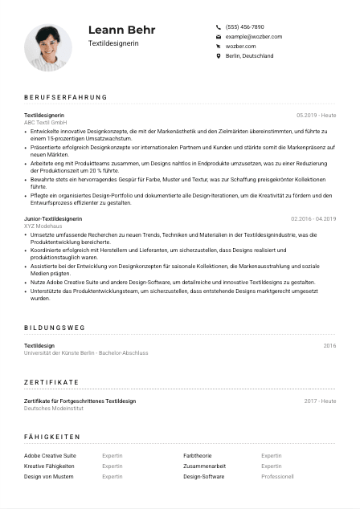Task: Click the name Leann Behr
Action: (x=122, y=30)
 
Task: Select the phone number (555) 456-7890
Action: (x=244, y=26)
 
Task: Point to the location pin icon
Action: (x=219, y=56)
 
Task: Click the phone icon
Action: (x=219, y=26)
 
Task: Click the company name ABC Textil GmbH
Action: (x=45, y=121)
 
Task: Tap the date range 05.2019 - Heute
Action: (x=316, y=115)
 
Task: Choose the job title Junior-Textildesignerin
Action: (x=52, y=218)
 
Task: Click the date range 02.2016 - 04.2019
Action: (x=313, y=218)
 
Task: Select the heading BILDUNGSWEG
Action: (x=54, y=328)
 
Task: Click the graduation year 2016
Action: (x=329, y=345)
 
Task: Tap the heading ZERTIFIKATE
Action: (x=51, y=382)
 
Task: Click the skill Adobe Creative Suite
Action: (x=50, y=455)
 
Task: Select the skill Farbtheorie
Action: (x=197, y=455)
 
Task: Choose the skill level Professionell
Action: (x=277, y=476)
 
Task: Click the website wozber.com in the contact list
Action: (x=240, y=47)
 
